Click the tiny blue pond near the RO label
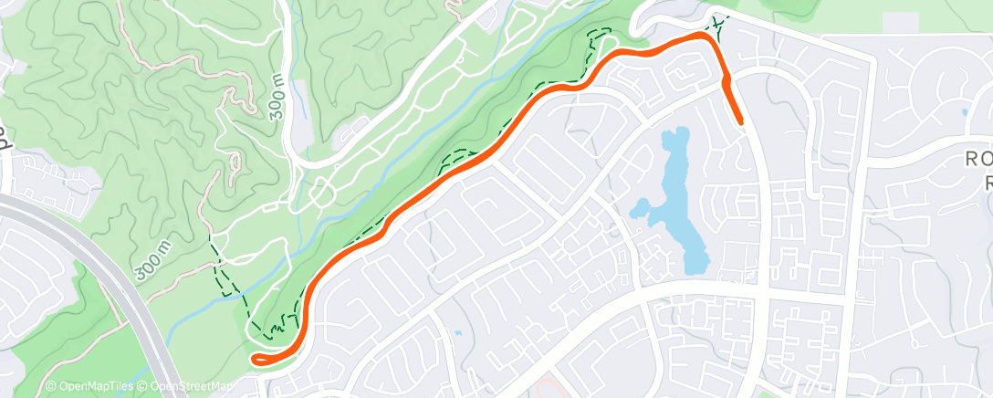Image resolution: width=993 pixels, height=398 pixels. click(x=965, y=113)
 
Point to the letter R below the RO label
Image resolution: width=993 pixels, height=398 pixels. click(x=986, y=182)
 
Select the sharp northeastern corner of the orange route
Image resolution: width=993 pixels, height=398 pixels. click(x=705, y=36)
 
